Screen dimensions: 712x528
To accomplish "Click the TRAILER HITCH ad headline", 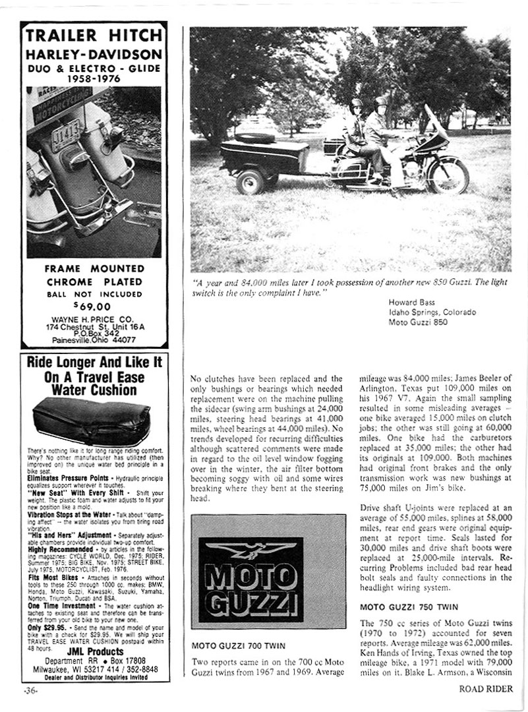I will (x=94, y=36).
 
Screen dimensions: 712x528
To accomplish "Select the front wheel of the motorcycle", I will (x=448, y=176).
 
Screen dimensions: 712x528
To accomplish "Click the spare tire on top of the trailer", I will (x=255, y=138).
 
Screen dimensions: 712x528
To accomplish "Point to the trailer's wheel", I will (x=251, y=181).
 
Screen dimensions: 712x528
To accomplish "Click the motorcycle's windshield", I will (x=436, y=122).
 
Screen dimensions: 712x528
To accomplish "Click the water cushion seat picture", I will (x=91, y=420).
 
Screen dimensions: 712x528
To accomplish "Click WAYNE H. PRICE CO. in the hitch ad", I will (x=94, y=317).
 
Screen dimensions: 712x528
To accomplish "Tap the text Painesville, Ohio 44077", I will (x=94, y=340).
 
